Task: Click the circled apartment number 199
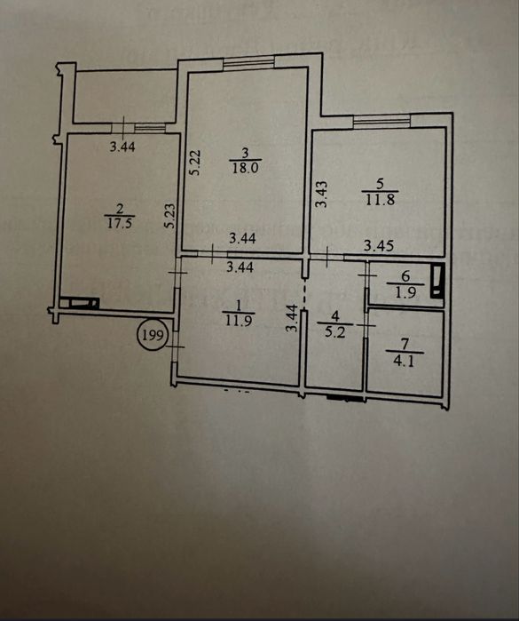(153, 336)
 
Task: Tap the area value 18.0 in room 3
(245, 168)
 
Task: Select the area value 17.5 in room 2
(120, 223)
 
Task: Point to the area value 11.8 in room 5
(380, 199)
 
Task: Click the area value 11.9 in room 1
(239, 320)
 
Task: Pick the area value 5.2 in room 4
(335, 331)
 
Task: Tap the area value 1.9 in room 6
(405, 292)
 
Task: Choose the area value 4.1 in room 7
(405, 361)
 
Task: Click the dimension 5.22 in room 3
(197, 162)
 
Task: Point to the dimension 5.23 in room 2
(169, 216)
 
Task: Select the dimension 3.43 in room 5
(322, 194)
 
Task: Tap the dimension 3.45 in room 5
(379, 245)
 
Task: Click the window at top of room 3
(248, 63)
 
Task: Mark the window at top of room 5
(381, 121)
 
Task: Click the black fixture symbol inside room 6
(437, 281)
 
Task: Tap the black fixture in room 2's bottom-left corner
(79, 303)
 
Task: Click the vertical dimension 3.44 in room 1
(292, 318)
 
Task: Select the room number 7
(404, 344)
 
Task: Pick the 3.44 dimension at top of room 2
(122, 147)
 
